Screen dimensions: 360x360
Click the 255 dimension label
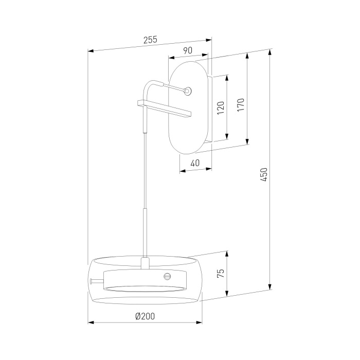tap(150, 40)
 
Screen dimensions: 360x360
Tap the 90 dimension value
tap(188, 50)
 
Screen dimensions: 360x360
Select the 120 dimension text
tap(221, 108)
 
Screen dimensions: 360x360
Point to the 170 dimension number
tap(241, 105)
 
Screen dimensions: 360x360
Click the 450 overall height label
tap(264, 175)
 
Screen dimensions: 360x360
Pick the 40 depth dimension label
tap(195, 163)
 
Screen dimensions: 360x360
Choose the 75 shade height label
tap(221, 273)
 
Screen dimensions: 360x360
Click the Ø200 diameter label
tap(145, 316)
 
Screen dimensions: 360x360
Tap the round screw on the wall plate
tap(188, 91)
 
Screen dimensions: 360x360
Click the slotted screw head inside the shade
tap(168, 276)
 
